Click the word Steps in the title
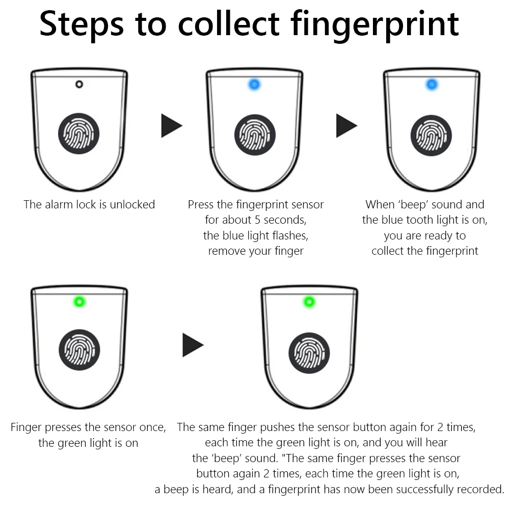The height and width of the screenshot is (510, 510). [82, 24]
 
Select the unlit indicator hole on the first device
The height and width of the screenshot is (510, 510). [79, 85]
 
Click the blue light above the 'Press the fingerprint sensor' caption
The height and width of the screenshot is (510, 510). [254, 85]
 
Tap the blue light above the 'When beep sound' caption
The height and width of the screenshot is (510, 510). [432, 85]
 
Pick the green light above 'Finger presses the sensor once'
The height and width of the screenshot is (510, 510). [79, 302]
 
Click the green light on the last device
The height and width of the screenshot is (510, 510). [309, 302]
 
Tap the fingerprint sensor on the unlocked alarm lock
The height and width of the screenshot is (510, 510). [78, 133]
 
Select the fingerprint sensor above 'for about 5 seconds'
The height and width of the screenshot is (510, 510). [255, 135]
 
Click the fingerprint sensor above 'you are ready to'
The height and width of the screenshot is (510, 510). [432, 136]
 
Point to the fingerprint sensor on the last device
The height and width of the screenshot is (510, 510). [309, 353]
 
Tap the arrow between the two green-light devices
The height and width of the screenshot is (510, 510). [193, 345]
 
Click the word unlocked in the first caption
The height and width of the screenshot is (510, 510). [132, 205]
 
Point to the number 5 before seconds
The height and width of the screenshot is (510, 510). [257, 220]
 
